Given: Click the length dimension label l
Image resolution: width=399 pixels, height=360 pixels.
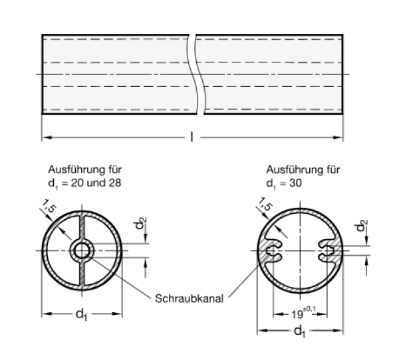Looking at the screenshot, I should pos(192,138).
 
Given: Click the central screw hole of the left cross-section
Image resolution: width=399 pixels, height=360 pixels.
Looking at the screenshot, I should pos(82,250).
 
